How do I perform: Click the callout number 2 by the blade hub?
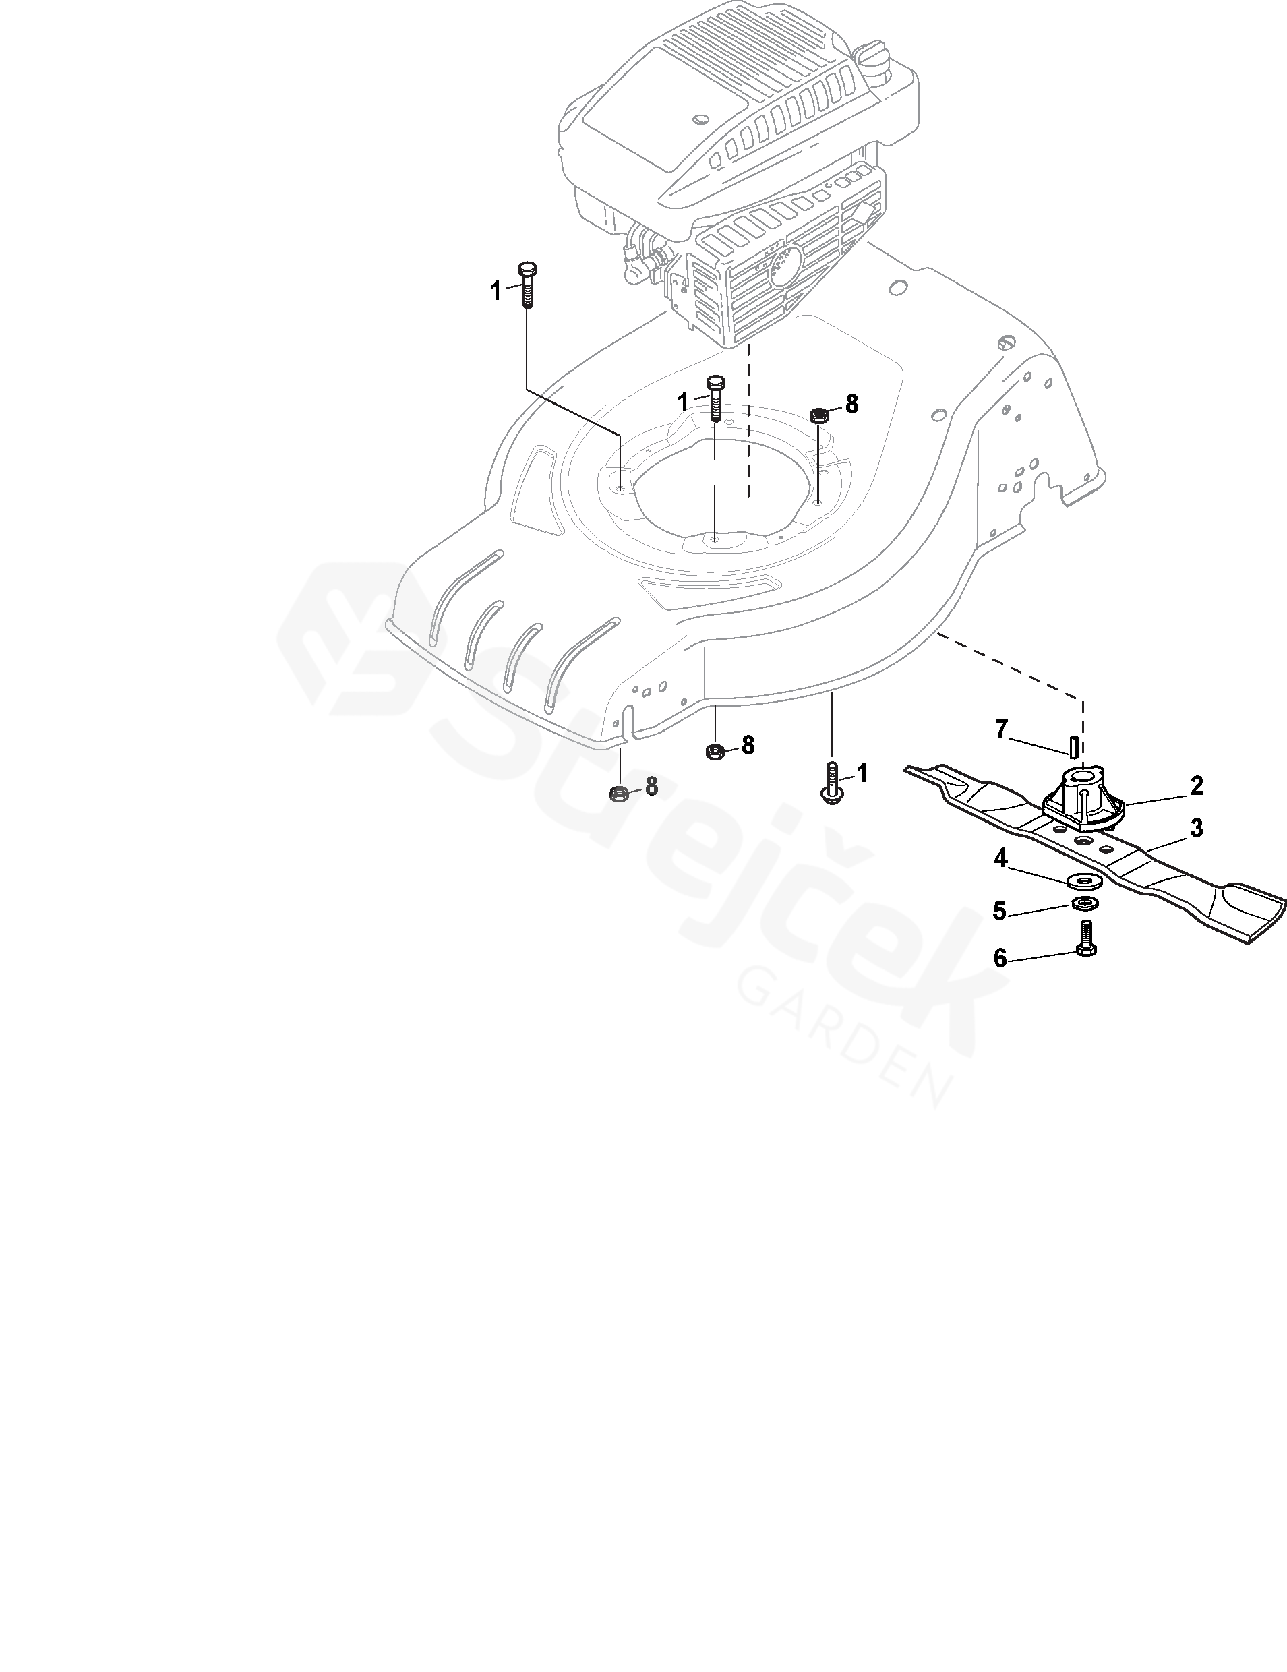1196,785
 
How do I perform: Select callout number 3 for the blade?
1195,828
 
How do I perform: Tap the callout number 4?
1000,859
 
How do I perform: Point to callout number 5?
999,911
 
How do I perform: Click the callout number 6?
1000,958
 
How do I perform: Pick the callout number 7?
1000,729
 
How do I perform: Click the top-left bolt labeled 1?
527,285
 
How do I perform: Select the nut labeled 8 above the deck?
818,416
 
